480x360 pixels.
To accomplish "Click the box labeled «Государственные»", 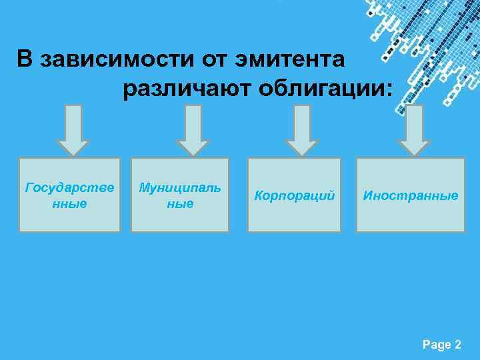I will pos(69,195).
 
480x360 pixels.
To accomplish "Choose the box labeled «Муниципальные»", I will pos(180,195).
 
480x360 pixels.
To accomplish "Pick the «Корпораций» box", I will pos(294,195).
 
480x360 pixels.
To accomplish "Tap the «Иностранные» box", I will pos(410,195).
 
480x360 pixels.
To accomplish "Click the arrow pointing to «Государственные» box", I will pos(73,131).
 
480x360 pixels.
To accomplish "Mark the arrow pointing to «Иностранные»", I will pos(414,131).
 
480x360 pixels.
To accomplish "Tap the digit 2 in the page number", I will pos(457,345).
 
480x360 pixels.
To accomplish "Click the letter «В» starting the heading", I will pos(25,60).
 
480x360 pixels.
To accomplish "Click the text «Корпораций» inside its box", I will pos(294,196).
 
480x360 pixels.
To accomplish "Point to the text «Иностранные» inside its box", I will pos(410,196).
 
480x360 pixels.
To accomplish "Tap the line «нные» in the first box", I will pos(69,203).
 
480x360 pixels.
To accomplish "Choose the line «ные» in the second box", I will pos(180,203).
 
